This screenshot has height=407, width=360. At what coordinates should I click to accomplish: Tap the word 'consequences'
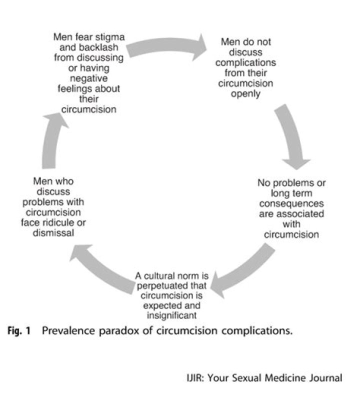(x=291, y=204)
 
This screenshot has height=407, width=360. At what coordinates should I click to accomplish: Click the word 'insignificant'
(x=172, y=315)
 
